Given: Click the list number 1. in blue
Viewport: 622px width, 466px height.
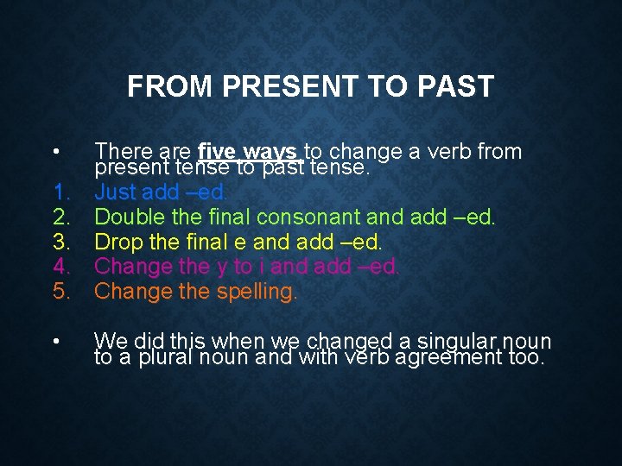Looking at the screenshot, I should (x=61, y=192).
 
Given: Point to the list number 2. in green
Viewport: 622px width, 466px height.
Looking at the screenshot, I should (x=61, y=217).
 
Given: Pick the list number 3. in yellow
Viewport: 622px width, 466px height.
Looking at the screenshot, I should (x=61, y=242).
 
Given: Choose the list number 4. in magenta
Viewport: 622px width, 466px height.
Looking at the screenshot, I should (x=61, y=267).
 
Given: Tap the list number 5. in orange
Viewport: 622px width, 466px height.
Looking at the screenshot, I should (x=61, y=292).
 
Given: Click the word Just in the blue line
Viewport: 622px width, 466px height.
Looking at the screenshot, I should (x=115, y=192).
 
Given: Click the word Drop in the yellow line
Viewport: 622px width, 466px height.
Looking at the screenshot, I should (x=117, y=242).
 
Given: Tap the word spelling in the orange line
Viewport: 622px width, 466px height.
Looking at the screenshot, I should (x=256, y=292).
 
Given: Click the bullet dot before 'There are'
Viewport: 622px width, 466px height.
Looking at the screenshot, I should (x=55, y=152).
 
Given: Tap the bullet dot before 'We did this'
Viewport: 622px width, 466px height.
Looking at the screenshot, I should (x=55, y=342).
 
